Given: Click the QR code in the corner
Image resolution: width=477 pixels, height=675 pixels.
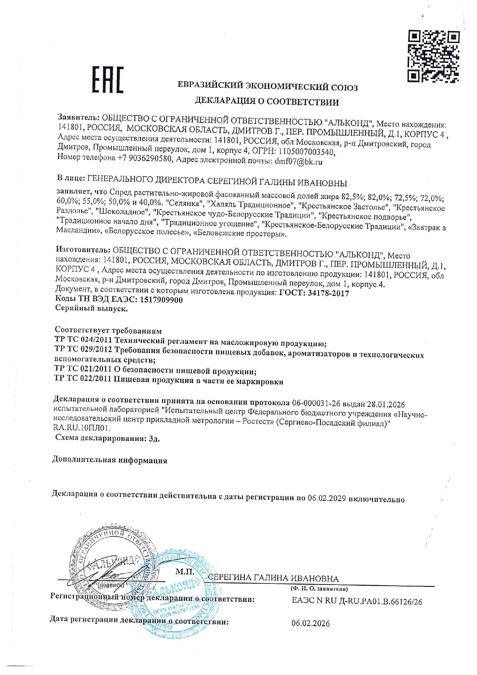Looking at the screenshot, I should click(434, 57).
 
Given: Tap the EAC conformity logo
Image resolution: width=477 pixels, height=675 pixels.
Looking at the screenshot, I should click(108, 80).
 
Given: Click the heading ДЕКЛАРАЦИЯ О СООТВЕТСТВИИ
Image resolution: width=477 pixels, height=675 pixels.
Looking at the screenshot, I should click(267, 102).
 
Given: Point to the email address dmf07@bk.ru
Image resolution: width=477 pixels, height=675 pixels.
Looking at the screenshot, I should click(299, 162).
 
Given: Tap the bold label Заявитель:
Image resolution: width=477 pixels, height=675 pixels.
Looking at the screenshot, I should click(79, 117).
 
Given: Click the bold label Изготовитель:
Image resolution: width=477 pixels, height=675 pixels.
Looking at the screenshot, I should click(83, 250).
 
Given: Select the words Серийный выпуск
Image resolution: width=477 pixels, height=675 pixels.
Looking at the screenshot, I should click(92, 308).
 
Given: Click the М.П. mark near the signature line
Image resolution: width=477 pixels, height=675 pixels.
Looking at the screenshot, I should click(185, 572).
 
